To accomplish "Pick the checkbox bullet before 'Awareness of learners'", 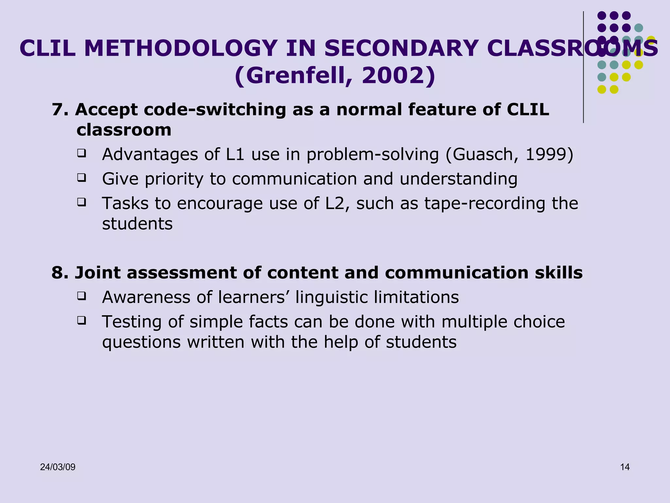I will (x=81, y=296).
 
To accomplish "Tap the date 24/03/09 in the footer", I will (x=58, y=467).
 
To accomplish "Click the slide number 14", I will (x=625, y=467).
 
